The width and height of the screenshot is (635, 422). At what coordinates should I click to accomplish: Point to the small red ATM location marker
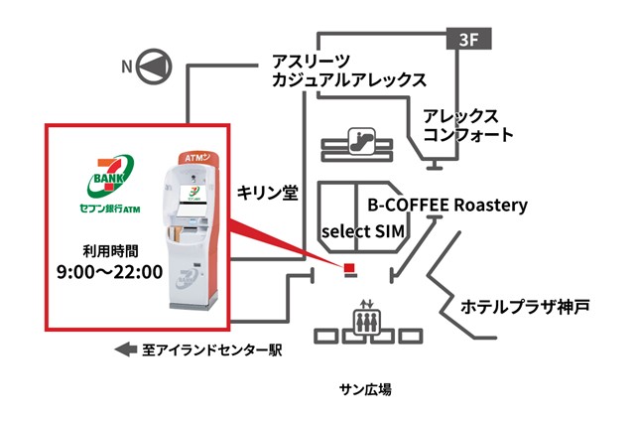pos(349,268)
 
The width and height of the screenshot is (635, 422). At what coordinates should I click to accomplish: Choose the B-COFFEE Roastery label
pos(447,207)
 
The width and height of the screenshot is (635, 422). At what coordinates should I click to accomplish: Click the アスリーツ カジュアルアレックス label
pos(348,70)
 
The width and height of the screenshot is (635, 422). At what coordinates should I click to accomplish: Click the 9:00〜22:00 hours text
pos(110,271)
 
